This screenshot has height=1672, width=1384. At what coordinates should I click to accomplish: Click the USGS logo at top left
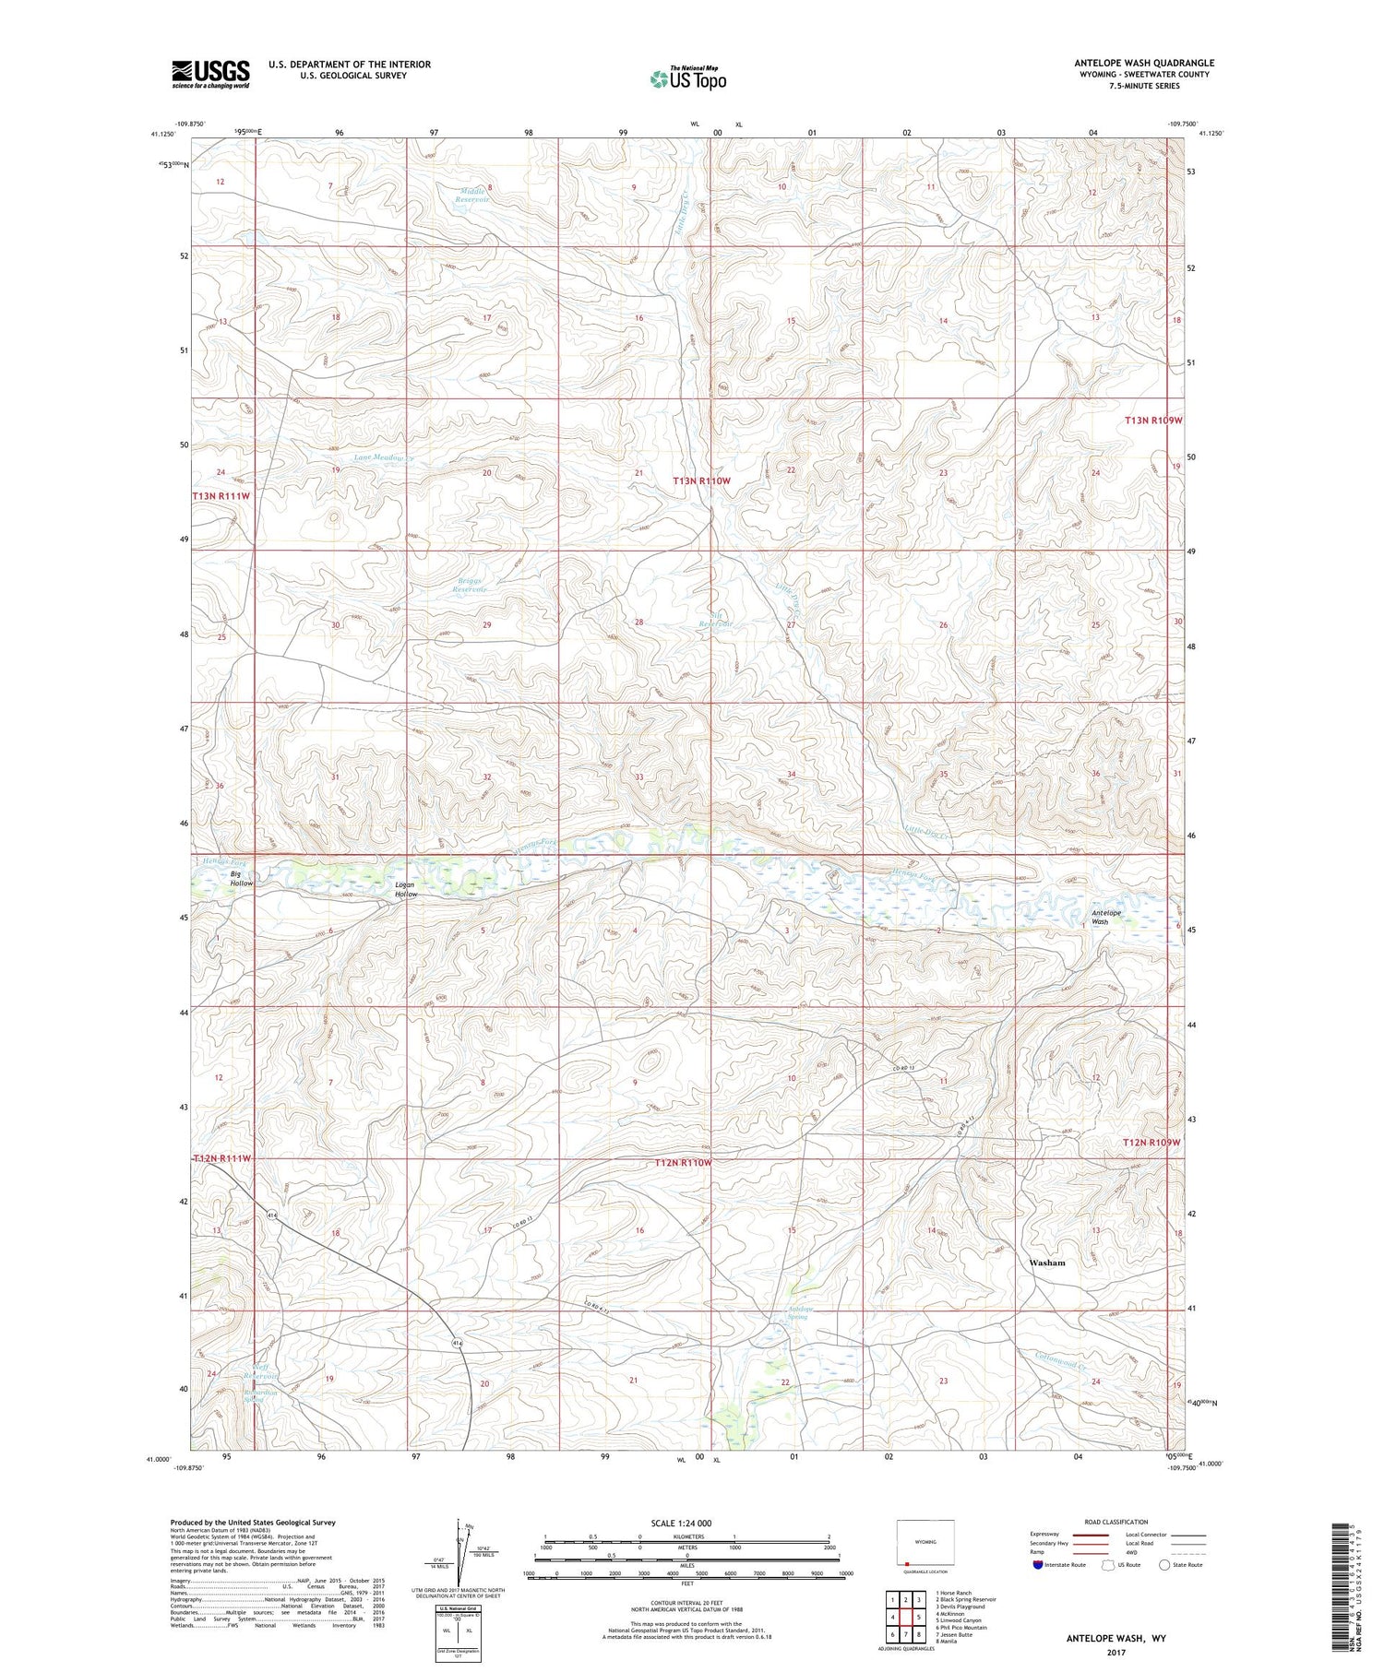[210, 74]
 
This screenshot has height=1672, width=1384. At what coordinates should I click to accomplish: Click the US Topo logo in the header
[687, 78]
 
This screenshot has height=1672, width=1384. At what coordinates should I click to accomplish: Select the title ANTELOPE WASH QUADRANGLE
[1143, 63]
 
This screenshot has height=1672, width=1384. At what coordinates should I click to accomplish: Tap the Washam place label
[1046, 1263]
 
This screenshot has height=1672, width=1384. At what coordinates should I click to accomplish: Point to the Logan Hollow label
[406, 889]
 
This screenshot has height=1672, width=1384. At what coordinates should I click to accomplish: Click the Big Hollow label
[242, 878]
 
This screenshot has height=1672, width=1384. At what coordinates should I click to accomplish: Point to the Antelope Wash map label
[1106, 917]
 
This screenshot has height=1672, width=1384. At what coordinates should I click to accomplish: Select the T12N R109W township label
[1151, 1142]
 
